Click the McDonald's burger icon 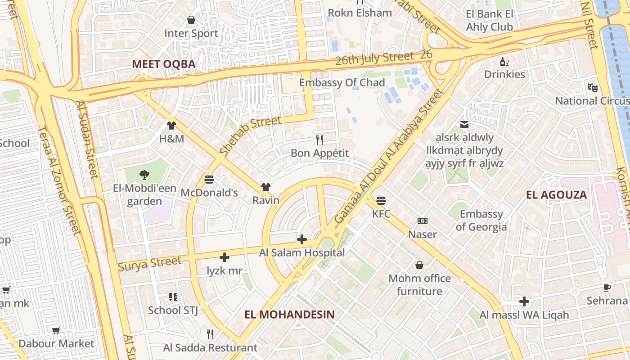click(x=209, y=179)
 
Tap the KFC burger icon click(x=381, y=200)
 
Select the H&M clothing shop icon click(x=171, y=126)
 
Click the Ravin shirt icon click(x=266, y=187)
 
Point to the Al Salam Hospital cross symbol click(x=302, y=239)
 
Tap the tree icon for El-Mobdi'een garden click(x=144, y=175)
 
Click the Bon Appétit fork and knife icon click(x=319, y=139)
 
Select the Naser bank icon click(x=422, y=221)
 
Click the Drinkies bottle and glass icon click(x=504, y=62)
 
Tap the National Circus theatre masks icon click(x=592, y=87)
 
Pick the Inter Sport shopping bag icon click(x=191, y=20)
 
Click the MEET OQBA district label click(x=164, y=64)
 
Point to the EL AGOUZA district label click(x=557, y=195)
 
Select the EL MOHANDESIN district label click(x=290, y=314)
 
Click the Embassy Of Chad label click(x=342, y=82)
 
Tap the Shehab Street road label click(x=251, y=135)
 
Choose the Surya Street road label click(x=149, y=263)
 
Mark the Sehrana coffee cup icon click(x=607, y=288)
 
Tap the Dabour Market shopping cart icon click(x=56, y=331)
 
